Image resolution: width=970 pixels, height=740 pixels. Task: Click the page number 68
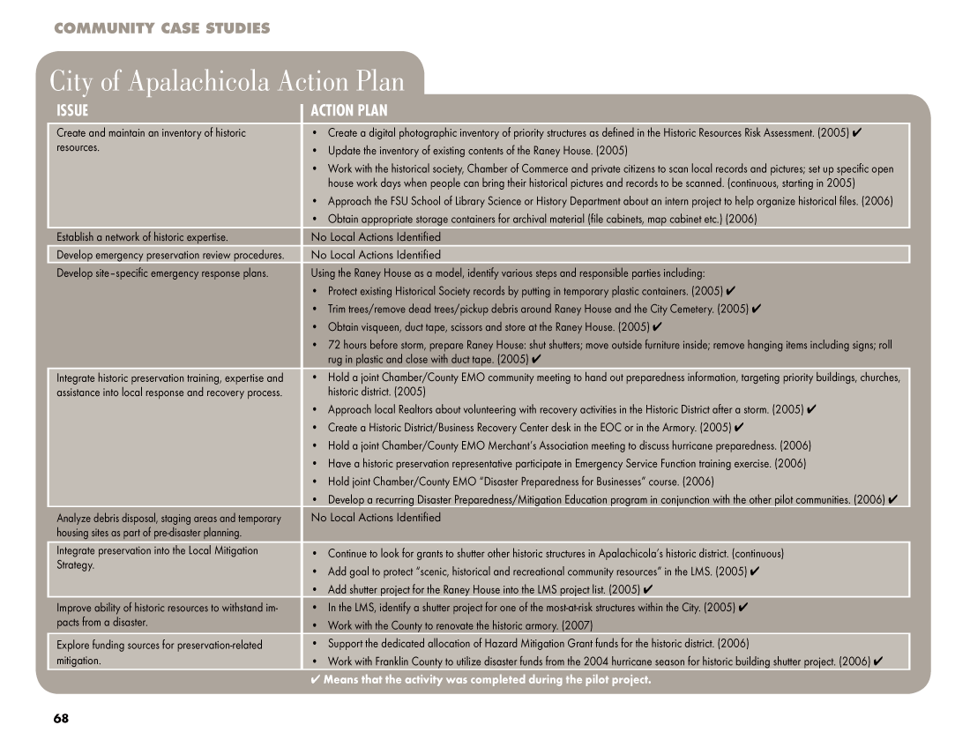click(60, 718)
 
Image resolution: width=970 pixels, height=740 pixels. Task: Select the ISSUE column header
click(72, 111)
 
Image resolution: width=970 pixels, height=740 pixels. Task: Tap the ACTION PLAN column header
click(348, 111)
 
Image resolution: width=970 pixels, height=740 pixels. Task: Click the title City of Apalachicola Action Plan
click(227, 81)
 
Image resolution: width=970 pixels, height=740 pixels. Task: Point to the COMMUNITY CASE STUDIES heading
click(161, 29)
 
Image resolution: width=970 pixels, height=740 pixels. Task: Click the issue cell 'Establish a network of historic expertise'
click(142, 237)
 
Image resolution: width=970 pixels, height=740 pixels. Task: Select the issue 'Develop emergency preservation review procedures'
click(170, 255)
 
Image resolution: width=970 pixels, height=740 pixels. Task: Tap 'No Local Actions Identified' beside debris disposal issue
click(376, 518)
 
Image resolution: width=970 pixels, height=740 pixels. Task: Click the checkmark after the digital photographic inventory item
click(857, 133)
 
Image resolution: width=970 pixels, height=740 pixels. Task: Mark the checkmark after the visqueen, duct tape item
click(657, 327)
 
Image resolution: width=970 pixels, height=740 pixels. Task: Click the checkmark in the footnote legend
click(316, 680)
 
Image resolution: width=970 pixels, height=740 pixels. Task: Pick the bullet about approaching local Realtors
click(564, 409)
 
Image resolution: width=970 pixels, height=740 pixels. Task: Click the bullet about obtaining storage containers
click(541, 219)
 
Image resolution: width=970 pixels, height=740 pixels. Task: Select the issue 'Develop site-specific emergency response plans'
click(162, 273)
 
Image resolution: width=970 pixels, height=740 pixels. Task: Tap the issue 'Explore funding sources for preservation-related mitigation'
click(159, 652)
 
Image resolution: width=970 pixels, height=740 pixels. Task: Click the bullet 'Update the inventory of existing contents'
click(465, 150)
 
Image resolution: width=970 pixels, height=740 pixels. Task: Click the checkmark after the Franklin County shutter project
click(878, 662)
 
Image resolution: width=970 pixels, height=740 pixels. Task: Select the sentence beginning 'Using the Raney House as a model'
click(508, 273)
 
